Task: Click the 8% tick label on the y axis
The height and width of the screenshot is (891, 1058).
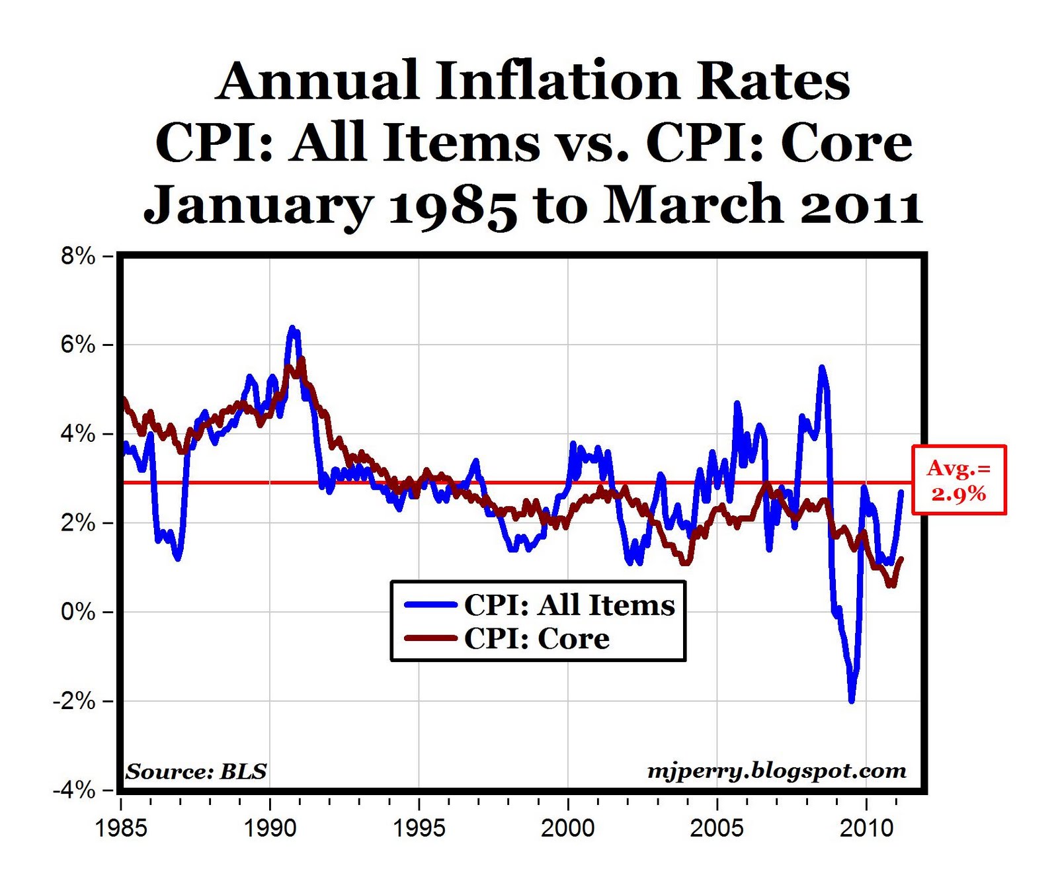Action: tap(78, 256)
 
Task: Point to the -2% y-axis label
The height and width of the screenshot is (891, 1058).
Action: tap(74, 701)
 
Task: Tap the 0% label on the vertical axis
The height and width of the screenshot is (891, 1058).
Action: tap(78, 612)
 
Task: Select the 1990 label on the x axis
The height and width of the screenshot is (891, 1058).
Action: tap(270, 827)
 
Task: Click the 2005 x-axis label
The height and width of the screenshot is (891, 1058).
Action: tap(717, 827)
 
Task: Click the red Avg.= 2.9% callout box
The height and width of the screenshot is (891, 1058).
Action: tap(959, 480)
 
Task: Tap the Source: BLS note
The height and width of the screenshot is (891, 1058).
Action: tap(196, 771)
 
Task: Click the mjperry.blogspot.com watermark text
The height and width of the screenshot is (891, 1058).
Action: tap(776, 771)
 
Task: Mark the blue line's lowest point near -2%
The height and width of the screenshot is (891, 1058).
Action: tap(852, 700)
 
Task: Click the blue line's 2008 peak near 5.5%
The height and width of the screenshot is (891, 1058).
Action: tap(821, 367)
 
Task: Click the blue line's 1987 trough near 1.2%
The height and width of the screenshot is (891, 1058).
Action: tap(178, 558)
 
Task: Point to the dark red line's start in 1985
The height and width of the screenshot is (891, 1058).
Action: tap(124, 399)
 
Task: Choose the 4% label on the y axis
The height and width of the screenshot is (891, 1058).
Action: tap(78, 434)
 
